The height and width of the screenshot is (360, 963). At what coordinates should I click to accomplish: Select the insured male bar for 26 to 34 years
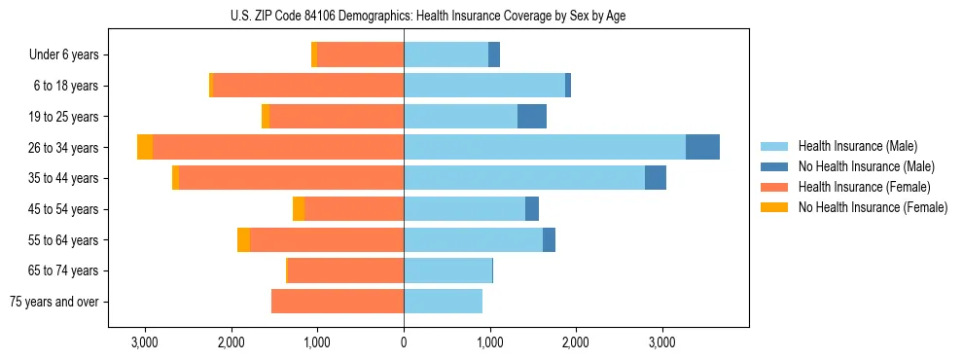click(x=545, y=147)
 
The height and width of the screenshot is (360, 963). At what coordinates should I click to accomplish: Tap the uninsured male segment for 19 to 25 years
click(x=532, y=117)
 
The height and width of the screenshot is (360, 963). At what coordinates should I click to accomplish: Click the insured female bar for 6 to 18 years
click(x=308, y=86)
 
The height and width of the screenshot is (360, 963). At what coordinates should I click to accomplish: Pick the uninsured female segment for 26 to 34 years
click(x=145, y=147)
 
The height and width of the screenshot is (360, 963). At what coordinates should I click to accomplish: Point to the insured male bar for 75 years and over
click(x=443, y=302)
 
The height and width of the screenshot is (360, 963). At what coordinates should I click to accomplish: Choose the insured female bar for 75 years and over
click(x=338, y=302)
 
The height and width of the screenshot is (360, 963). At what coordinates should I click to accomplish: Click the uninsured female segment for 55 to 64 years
click(x=243, y=240)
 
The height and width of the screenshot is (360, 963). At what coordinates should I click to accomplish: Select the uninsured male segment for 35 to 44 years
click(x=656, y=178)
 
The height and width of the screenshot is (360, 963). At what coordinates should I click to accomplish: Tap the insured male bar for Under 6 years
click(x=446, y=54)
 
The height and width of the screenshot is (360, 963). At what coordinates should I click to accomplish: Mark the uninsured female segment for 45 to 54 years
click(x=299, y=209)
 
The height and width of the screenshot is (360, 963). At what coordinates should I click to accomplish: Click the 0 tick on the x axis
click(x=404, y=342)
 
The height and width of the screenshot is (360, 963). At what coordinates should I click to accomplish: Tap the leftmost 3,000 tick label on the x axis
click(x=145, y=342)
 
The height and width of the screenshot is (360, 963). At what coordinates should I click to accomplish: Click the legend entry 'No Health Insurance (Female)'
click(x=873, y=207)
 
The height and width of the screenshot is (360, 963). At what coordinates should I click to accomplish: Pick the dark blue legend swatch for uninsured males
click(x=774, y=166)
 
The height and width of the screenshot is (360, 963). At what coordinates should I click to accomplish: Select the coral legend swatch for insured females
click(x=774, y=187)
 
